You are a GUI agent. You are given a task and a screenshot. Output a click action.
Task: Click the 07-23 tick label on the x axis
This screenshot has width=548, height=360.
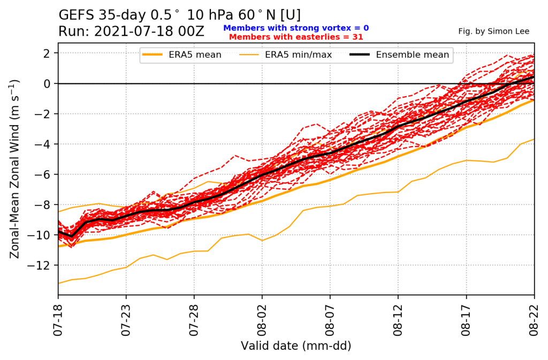pos(126,320)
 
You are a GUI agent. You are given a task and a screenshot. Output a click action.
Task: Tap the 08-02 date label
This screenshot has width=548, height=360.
pos(262,320)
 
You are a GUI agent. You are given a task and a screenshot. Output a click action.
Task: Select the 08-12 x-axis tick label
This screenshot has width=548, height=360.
pos(398,320)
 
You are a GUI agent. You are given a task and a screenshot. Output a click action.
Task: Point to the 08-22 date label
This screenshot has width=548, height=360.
pos(534,320)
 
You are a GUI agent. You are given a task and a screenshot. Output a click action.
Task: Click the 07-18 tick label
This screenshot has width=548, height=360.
pos(58,320)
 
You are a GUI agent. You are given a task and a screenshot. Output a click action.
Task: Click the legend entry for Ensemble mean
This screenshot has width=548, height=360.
pos(399,55)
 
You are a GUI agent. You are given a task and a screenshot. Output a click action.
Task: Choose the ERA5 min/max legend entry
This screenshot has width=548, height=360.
pos(286,55)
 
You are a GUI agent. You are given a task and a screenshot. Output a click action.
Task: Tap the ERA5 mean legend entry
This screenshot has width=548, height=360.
pos(182,55)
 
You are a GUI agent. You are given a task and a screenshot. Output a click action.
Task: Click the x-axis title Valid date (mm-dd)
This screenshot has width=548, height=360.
pos(296,346)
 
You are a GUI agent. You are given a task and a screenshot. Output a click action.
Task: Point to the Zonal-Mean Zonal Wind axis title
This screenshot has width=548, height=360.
pos(14,170)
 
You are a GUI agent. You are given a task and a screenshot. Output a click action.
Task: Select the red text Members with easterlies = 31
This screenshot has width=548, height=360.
pos(296,37)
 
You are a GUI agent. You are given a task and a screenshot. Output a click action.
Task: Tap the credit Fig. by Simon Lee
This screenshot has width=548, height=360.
pos(494,32)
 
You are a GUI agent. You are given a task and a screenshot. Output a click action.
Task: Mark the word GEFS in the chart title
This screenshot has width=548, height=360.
pos(77,15)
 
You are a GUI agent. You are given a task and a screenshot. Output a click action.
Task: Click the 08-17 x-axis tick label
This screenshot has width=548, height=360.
pos(466,320)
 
